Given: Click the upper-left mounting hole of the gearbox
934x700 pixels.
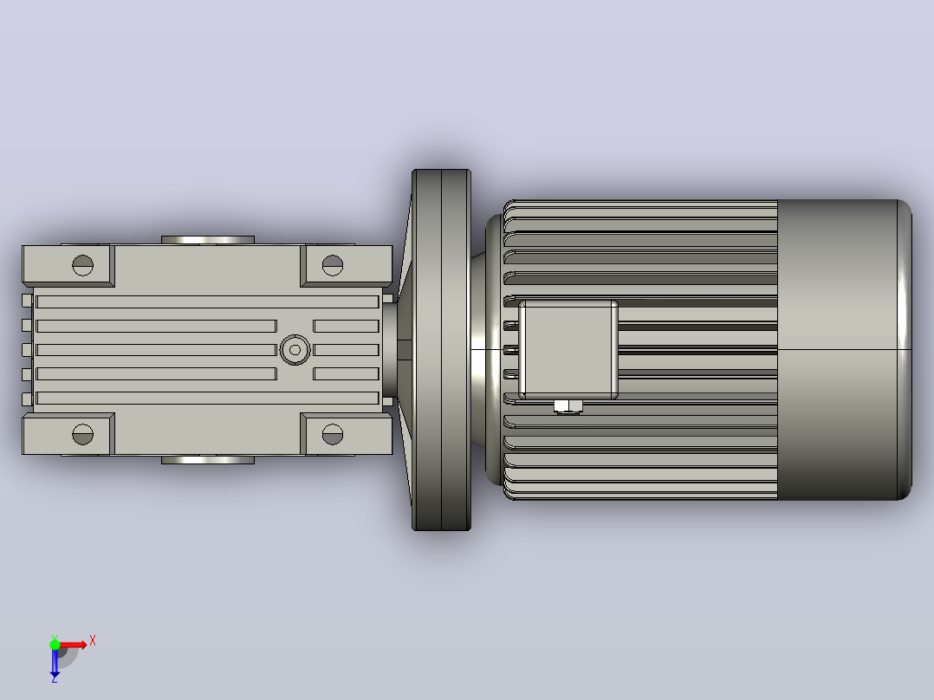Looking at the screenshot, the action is (x=83, y=265).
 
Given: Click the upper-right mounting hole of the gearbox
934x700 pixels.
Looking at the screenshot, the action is (x=333, y=265).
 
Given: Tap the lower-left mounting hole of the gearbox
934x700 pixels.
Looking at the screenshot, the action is (x=83, y=434).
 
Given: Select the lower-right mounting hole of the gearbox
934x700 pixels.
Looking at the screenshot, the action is (x=333, y=434).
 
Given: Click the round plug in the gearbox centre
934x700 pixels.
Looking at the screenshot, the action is (x=295, y=350).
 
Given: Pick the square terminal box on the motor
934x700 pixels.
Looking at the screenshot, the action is (x=568, y=350).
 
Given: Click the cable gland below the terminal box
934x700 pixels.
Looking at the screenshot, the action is (x=568, y=407).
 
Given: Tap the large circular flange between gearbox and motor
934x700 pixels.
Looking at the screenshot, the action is (x=441, y=350).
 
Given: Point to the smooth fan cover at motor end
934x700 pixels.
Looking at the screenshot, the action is (x=845, y=350).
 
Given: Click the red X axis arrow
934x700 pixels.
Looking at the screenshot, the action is (x=73, y=645).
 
